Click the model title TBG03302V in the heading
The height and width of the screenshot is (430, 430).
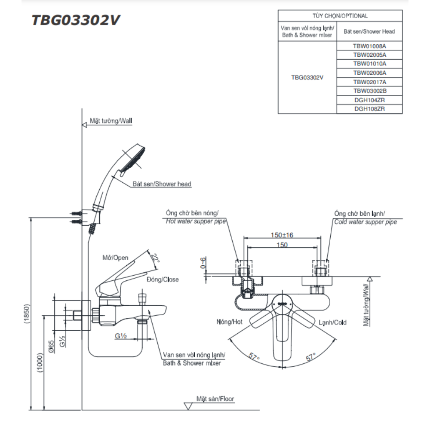pos(76,21)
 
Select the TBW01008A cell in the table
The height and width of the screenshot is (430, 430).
pos(370,46)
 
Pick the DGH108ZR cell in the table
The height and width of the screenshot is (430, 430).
pos(370,109)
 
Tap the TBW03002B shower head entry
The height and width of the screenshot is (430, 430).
pos(370,91)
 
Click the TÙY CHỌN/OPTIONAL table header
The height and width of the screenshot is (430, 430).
pos(340,16)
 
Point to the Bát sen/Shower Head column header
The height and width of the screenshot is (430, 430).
pos(370,31)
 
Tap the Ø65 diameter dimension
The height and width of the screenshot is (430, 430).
pos(51,347)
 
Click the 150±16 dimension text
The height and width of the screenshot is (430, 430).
pos(282,235)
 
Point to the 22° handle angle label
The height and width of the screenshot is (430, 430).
pos(155,258)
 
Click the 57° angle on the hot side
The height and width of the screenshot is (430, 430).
pos(255,356)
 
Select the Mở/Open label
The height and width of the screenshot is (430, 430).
pos(115,258)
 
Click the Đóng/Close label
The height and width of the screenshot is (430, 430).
pos(163,279)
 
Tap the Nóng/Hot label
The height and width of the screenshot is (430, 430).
pos(230,322)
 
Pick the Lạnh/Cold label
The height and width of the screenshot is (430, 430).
pos(332,322)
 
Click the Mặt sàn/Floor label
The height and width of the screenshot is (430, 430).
pos(215,399)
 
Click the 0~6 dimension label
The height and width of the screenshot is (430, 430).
pos(203,262)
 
